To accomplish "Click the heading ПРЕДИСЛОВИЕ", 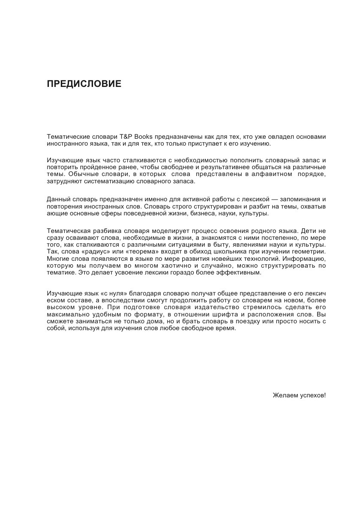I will click(84, 84).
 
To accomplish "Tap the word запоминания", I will click(302, 199).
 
